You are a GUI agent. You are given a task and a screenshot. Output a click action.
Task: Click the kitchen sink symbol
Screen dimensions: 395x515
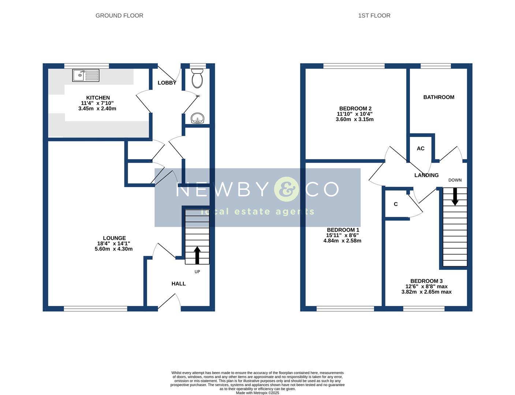coord(86,75)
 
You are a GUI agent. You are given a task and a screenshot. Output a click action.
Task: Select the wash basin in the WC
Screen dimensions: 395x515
coord(197,118)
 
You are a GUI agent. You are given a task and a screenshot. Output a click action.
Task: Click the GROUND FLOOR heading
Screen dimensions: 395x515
coord(119,15)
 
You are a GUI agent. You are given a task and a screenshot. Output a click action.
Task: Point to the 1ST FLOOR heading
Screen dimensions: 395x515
coord(374,15)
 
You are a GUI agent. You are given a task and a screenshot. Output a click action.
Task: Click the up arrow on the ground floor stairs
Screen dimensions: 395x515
coord(197,255)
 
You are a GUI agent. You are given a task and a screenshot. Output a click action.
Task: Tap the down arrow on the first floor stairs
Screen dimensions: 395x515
coord(455,197)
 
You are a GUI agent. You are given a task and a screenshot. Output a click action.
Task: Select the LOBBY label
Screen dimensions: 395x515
coord(167,83)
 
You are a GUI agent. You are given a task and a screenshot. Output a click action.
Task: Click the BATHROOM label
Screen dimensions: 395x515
coord(439,97)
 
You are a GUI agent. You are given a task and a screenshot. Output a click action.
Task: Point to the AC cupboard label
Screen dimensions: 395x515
coord(421,148)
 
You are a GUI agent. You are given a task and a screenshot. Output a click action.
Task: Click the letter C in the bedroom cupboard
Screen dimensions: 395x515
coord(396,204)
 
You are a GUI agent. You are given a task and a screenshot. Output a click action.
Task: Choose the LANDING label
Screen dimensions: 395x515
coord(426,175)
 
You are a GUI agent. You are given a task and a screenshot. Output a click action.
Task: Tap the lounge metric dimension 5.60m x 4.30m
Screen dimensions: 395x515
coord(113,249)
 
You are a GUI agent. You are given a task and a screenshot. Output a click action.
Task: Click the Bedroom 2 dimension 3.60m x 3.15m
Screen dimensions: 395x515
coord(355,119)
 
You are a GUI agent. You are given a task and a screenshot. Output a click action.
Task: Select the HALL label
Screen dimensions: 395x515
coord(179,283)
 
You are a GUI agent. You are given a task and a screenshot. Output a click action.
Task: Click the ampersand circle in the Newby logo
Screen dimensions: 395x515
coord(286,189)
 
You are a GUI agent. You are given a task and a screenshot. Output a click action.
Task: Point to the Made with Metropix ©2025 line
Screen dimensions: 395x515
coord(257,393)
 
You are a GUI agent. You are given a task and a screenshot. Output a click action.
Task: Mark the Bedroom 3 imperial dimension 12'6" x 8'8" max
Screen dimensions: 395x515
coord(426,286)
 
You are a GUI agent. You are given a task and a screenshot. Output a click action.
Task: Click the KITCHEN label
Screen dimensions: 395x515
coord(98,98)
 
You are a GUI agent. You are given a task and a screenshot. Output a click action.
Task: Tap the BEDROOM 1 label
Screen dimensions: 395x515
coord(343,230)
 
